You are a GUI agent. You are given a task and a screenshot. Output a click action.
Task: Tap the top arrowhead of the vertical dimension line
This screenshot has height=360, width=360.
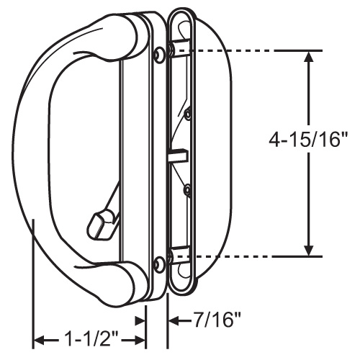310,58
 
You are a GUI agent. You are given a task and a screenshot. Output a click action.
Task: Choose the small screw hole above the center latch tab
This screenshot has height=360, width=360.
188,113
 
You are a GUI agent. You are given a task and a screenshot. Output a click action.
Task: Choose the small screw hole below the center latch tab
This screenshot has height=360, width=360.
186,190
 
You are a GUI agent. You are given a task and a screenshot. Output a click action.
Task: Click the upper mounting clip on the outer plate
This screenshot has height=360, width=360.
180,50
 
